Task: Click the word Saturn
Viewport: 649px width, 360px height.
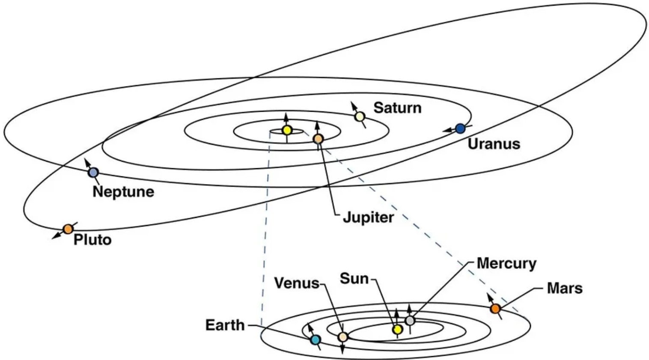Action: tap(397, 108)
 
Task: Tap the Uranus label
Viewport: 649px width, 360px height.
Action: tap(494, 144)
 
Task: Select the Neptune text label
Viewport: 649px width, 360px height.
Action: tap(123, 191)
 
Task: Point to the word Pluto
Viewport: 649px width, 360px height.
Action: tap(92, 240)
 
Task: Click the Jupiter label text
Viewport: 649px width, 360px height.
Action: tap(368, 217)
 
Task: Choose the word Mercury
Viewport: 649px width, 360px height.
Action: tap(506, 263)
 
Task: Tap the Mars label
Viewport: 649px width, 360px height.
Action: tap(565, 289)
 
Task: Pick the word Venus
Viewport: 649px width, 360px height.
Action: tap(297, 283)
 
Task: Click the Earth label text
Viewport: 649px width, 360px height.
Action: tap(225, 325)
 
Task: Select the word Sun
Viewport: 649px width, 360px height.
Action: tap(354, 279)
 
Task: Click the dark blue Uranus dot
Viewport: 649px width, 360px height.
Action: tap(460, 128)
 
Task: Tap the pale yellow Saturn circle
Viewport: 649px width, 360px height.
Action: tap(360, 116)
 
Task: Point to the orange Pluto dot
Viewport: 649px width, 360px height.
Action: tap(68, 229)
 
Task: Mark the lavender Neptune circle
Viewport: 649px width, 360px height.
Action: tap(93, 173)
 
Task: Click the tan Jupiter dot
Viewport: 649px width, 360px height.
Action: tap(318, 139)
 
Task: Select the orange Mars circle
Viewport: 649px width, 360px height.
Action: tap(495, 308)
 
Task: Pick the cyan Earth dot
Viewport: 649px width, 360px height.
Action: tap(316, 340)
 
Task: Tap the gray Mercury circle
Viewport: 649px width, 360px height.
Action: tap(410, 320)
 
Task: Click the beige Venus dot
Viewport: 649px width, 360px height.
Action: tap(342, 337)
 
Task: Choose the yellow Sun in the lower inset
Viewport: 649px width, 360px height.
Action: tap(397, 330)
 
